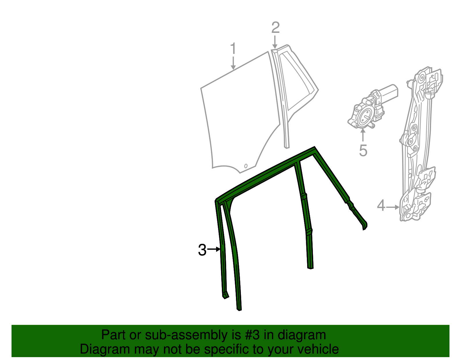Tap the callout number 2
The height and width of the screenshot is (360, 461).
click(x=275, y=28)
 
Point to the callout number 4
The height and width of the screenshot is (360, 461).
click(x=381, y=205)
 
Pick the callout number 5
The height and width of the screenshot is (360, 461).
click(x=363, y=150)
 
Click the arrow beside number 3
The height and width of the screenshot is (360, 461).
click(x=214, y=249)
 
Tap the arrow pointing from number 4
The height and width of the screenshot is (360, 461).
click(x=393, y=207)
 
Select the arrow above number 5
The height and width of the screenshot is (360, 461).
click(x=363, y=135)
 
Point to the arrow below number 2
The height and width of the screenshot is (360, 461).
click(x=275, y=42)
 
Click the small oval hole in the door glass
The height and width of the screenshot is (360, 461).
click(x=246, y=166)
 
